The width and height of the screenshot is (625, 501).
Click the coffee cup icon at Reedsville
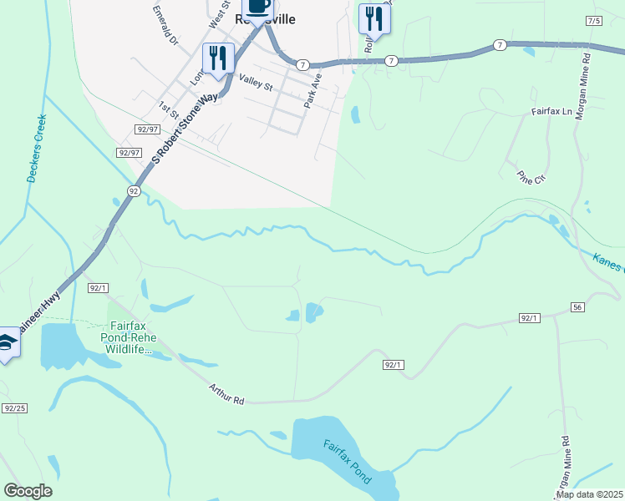pos(257,8)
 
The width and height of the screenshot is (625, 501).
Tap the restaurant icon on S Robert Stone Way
pos(217,58)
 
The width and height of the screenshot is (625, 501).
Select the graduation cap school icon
pos(7,342)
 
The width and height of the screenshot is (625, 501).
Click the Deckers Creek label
pos(33,149)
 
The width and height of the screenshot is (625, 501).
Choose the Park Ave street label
pos(313,89)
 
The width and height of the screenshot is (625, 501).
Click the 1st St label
pos(170,110)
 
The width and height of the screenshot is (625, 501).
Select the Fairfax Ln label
pos(551,110)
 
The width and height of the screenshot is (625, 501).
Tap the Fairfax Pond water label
pos(347,462)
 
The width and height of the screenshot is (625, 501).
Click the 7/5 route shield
pos(594,20)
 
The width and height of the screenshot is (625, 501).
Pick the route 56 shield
pos(577,307)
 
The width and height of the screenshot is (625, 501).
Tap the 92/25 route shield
pos(15,408)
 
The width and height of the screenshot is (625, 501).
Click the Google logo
pos(28,491)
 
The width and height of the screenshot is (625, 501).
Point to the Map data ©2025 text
pos(589,494)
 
